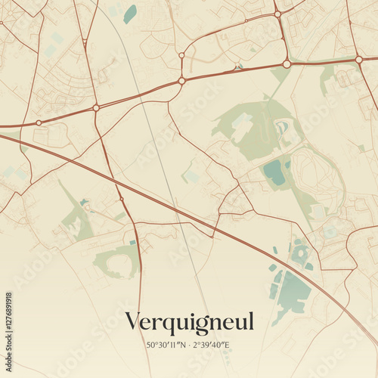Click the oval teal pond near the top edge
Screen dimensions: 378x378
click(131, 14)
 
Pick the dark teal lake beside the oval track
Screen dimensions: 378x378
click(273, 172)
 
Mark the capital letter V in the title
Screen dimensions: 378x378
click(133, 321)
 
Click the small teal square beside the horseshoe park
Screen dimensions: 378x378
click(132, 243)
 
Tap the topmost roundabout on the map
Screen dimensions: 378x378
click(277, 14)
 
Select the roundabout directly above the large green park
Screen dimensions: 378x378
click(287, 64)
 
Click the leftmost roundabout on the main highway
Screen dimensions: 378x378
click(39, 122)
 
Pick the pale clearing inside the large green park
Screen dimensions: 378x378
click(242, 121)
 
